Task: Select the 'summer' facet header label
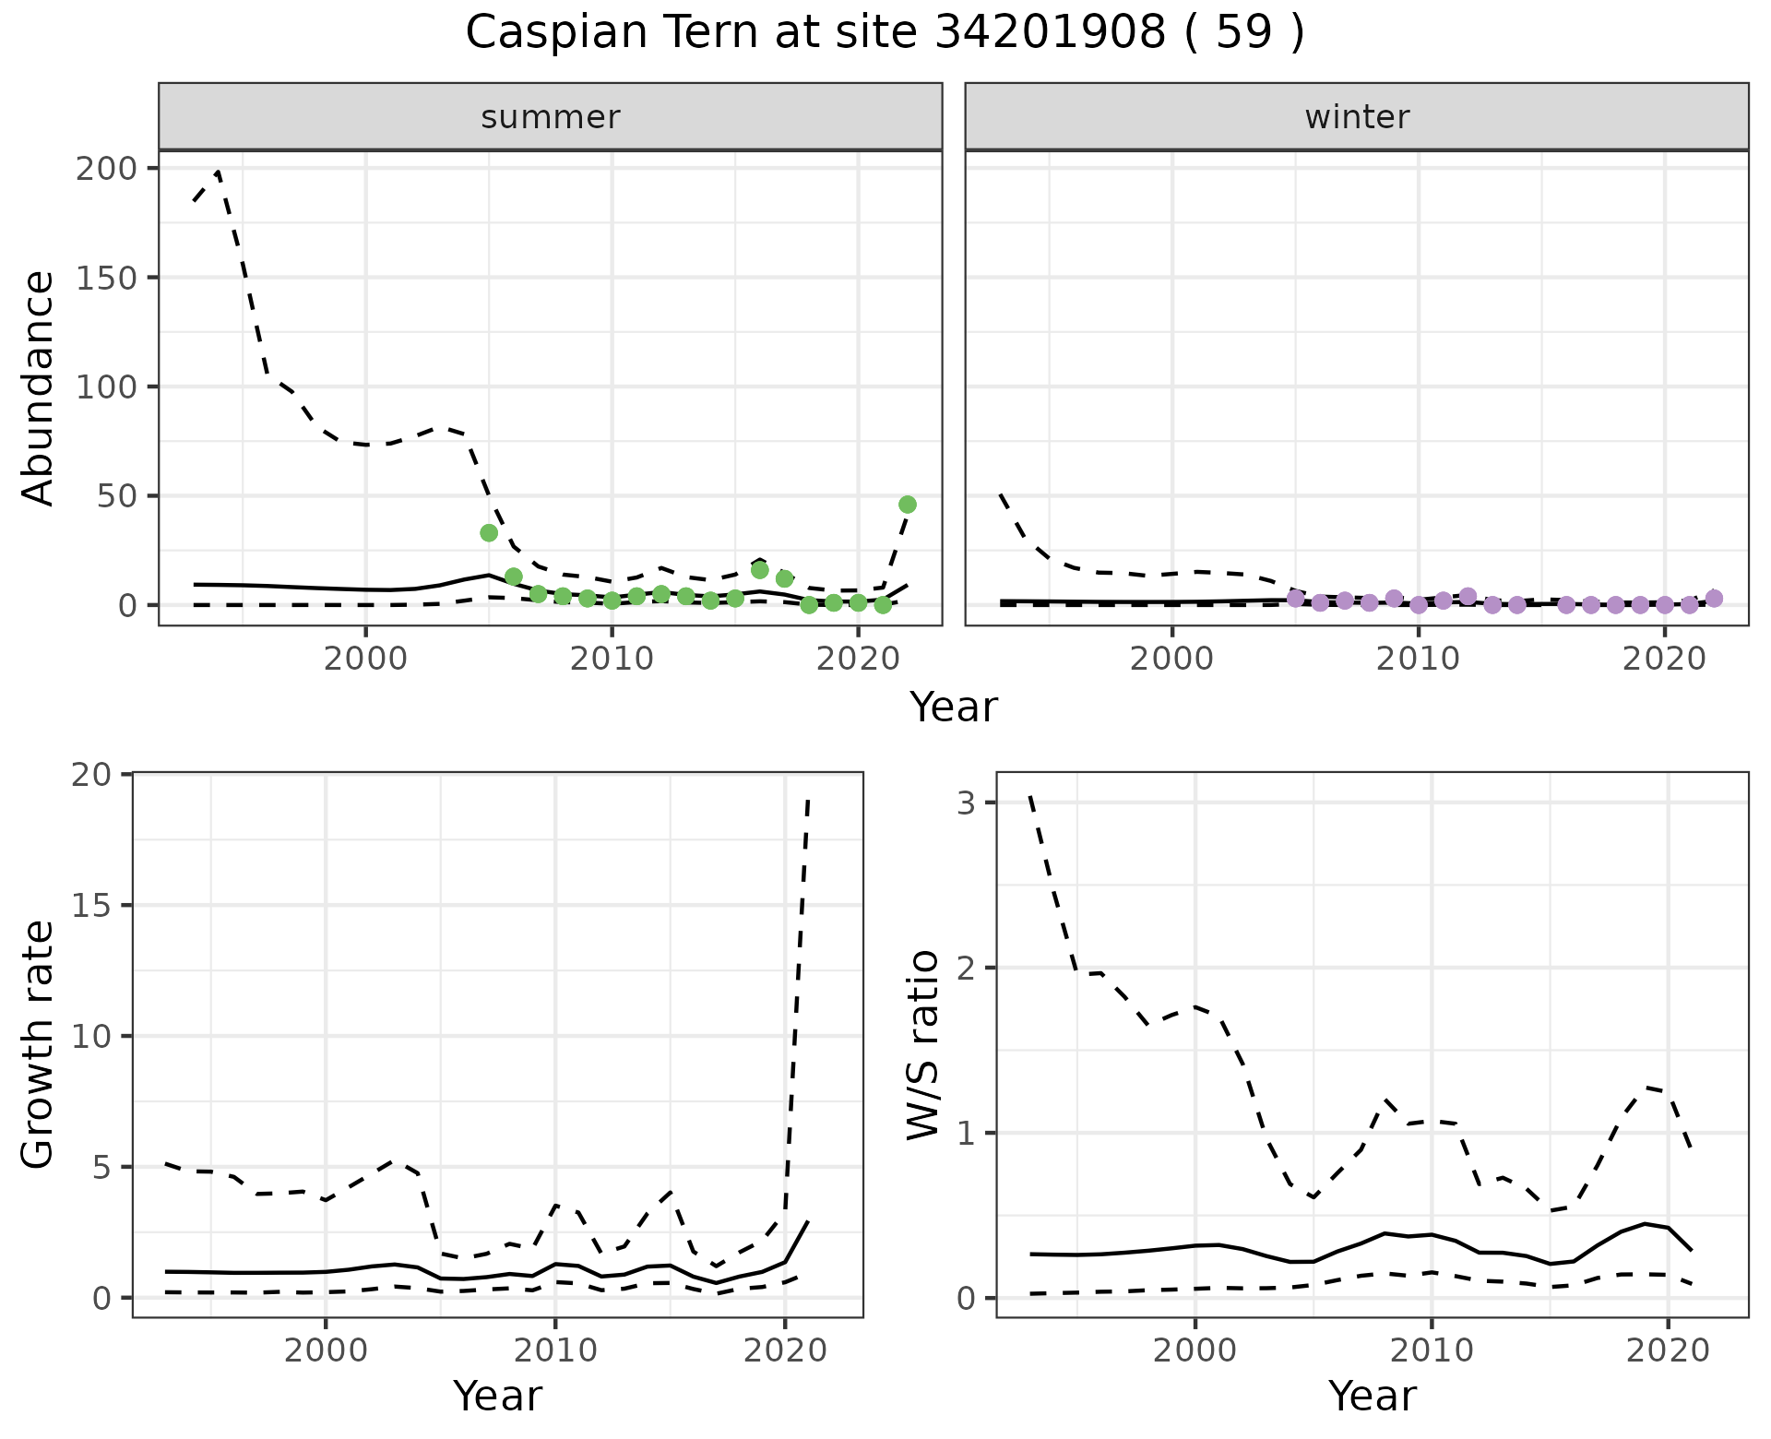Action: (551, 117)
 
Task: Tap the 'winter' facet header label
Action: (1357, 117)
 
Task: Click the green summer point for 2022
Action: (907, 505)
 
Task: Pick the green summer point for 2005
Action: (489, 532)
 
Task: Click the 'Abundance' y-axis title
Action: (38, 387)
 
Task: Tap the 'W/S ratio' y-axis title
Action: (922, 1044)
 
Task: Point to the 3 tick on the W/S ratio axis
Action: (965, 803)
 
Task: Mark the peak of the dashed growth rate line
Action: (808, 800)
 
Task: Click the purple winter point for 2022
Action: (1714, 599)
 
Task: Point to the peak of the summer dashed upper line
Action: (218, 172)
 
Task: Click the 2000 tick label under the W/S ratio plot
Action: (1195, 1351)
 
